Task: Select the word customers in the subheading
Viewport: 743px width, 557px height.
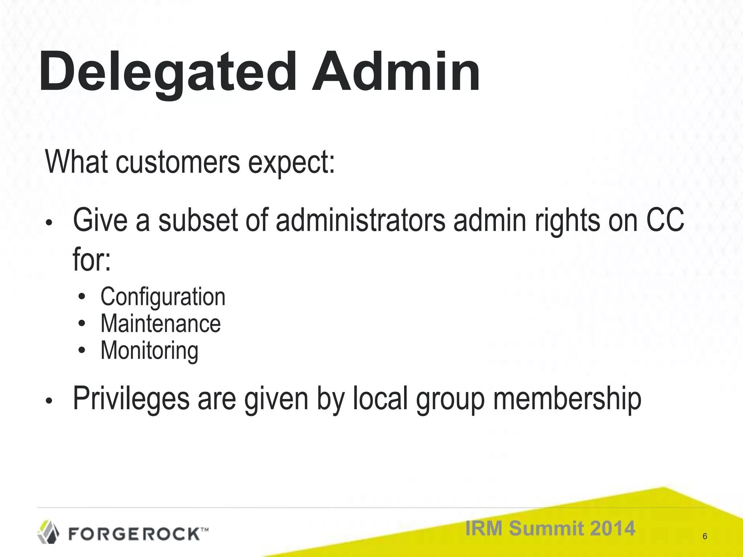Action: click(178, 162)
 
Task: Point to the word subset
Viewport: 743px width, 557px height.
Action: click(198, 220)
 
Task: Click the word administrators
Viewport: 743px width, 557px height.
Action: click(360, 220)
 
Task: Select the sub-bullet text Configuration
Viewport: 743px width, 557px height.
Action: click(163, 297)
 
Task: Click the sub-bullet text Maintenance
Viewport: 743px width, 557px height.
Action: click(160, 323)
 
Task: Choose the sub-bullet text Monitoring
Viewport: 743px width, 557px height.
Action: click(149, 351)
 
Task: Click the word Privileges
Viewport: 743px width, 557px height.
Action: click(131, 399)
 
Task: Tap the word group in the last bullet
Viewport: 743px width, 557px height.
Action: click(450, 400)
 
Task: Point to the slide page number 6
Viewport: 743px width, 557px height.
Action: click(705, 536)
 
